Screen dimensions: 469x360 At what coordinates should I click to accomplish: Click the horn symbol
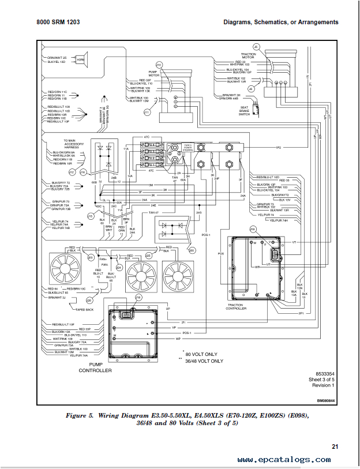pyautogui.click(x=80, y=60)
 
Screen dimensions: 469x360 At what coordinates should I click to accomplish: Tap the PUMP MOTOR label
pyautogui.click(x=154, y=75)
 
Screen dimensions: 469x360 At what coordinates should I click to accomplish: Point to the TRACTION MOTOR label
pyautogui.click(x=248, y=56)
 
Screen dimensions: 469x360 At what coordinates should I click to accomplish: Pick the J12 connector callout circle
pyautogui.click(x=72, y=172)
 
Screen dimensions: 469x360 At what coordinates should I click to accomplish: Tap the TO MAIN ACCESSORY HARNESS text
pyautogui.click(x=74, y=143)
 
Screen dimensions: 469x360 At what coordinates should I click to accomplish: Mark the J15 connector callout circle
pyautogui.click(x=90, y=216)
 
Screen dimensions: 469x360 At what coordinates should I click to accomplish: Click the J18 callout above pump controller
pyautogui.click(x=138, y=297)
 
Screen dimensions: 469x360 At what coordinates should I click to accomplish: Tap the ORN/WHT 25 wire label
pyautogui.click(x=57, y=58)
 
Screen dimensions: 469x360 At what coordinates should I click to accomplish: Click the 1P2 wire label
pyautogui.click(x=278, y=148)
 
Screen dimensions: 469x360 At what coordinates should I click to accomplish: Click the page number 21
pyautogui.click(x=335, y=446)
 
